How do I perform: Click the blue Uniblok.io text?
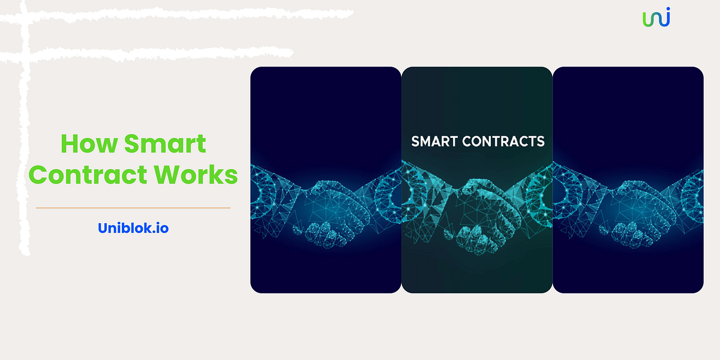133,228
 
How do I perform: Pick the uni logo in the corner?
656,17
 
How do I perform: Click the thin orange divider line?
133,208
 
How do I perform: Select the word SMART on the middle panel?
433,142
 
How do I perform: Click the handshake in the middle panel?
476,216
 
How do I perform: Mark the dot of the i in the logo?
667,10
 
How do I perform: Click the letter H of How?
70,145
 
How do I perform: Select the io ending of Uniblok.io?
161,228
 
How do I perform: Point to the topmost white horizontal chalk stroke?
180,13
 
